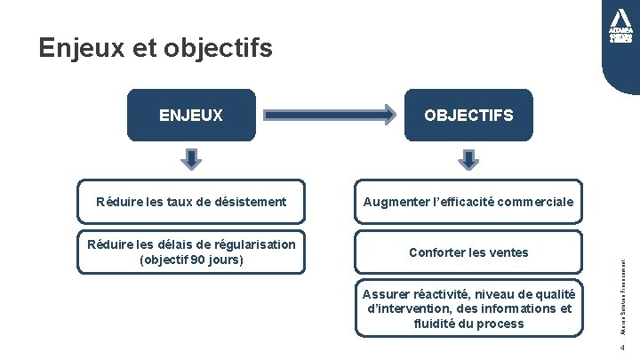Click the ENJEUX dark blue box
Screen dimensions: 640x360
coord(191,116)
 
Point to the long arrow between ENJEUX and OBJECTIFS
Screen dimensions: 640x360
coord(330,115)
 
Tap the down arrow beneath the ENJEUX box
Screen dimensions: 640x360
coord(191,158)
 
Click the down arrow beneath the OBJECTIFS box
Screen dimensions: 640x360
coord(468,158)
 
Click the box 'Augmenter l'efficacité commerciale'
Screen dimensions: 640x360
coord(468,203)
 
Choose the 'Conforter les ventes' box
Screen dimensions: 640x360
coord(468,252)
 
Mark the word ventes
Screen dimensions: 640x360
coord(508,252)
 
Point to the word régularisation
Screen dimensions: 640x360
coord(252,244)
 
